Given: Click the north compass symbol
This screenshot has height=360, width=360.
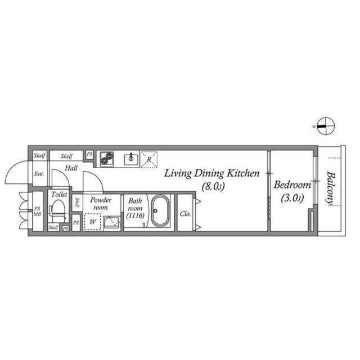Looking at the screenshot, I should click(x=324, y=126).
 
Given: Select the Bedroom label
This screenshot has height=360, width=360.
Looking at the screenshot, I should click(x=292, y=185).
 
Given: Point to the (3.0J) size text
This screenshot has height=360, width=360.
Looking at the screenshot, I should click(x=292, y=198).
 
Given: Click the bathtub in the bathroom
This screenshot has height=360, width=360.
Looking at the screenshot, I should click(x=162, y=211).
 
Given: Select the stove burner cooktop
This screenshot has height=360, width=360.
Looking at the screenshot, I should click(x=107, y=159).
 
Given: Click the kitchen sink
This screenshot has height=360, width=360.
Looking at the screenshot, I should click(x=130, y=159).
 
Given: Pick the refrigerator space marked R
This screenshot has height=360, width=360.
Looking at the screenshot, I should click(x=148, y=159).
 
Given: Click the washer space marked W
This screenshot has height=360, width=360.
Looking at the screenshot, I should click(x=92, y=222).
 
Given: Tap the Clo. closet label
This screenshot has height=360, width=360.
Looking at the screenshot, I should click(x=185, y=214).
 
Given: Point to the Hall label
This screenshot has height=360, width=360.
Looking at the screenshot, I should click(x=71, y=168).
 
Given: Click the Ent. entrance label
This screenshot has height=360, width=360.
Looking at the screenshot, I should click(x=39, y=174).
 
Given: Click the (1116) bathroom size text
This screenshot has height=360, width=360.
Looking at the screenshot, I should click(x=135, y=215).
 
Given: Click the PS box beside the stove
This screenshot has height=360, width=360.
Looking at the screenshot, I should click(x=89, y=154).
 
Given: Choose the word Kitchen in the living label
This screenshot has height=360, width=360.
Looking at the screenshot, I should click(x=243, y=173).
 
